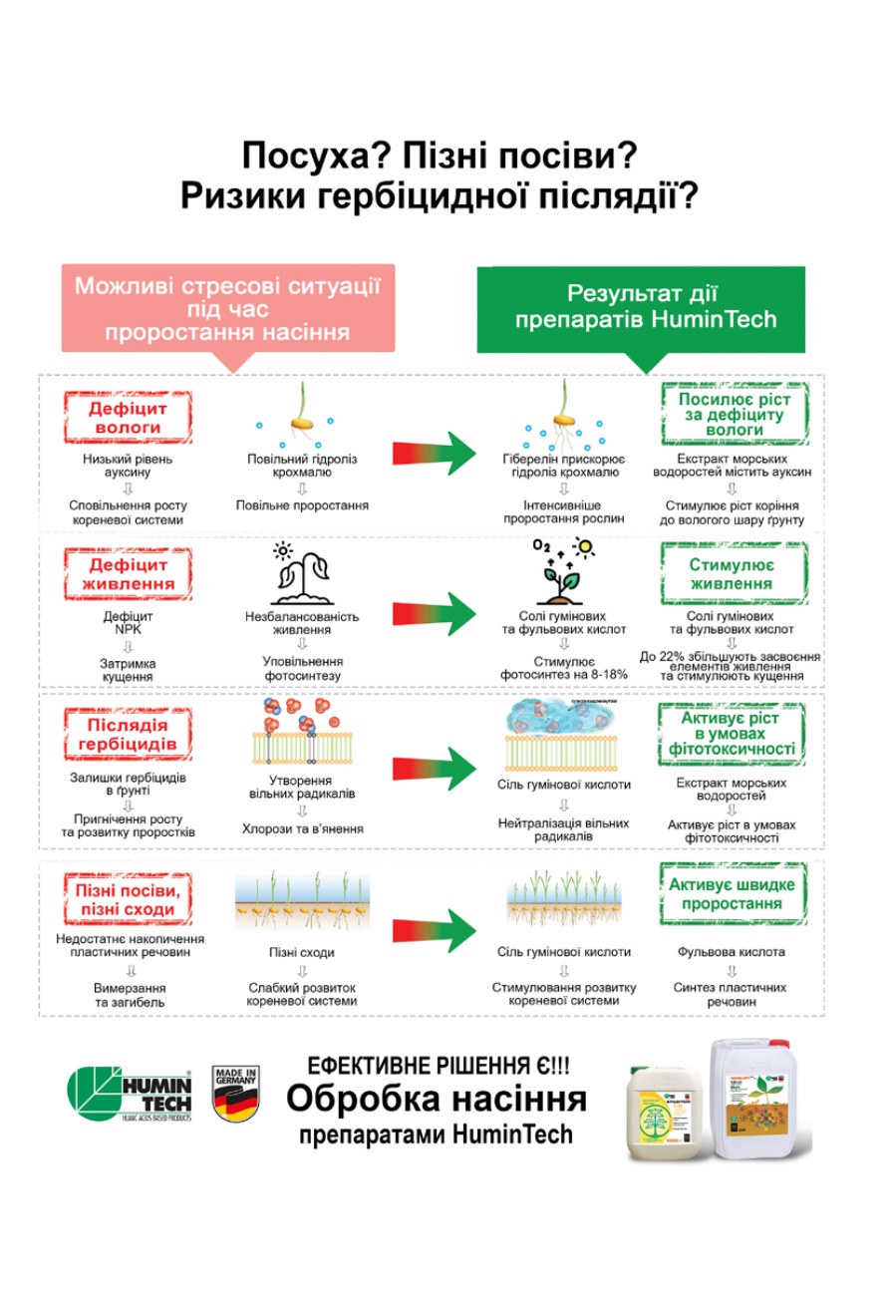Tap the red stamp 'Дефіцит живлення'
tap(127, 573)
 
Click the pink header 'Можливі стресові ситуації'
tap(228, 309)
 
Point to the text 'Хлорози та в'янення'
tap(302, 828)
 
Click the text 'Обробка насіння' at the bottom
tap(437, 1100)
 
